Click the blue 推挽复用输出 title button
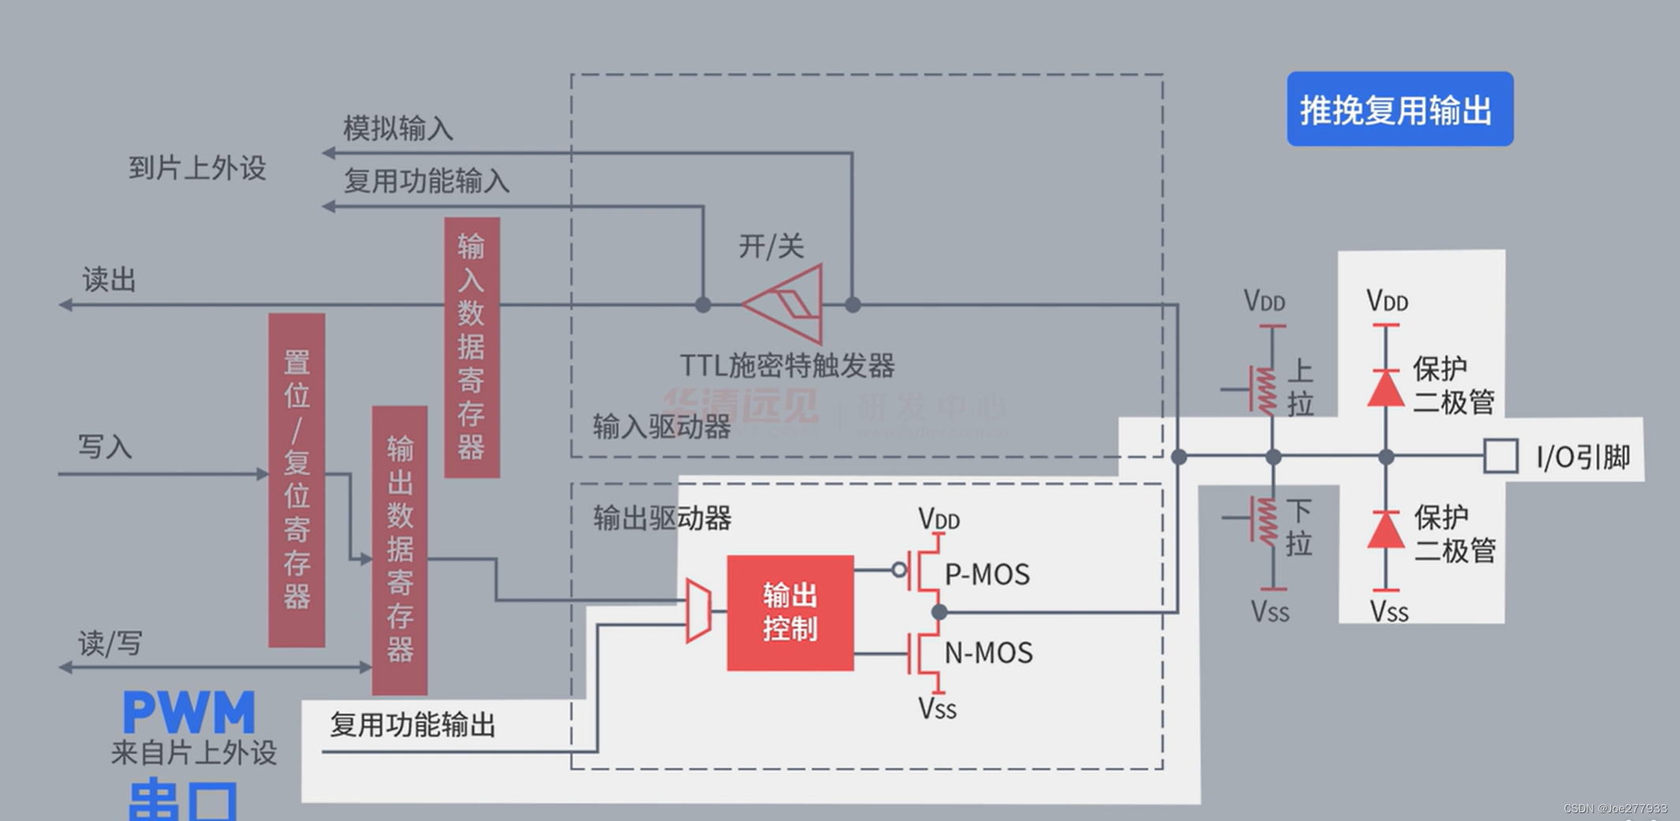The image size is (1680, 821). pos(1399,109)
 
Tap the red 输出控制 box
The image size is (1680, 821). pos(789,613)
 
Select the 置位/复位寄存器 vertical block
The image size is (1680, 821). pos(296,480)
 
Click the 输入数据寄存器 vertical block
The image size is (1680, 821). pos(471,347)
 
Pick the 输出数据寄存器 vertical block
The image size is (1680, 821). pos(399,549)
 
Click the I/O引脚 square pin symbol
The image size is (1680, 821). pos(1500,456)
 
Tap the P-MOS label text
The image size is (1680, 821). pos(987,575)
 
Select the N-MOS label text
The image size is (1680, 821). pos(988,653)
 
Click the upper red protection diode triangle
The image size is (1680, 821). pos(1386,389)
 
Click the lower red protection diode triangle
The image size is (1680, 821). pos(1386,530)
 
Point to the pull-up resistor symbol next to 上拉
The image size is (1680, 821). pos(1266,390)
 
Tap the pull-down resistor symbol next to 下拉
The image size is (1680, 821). pos(1266,520)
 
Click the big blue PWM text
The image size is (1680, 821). pos(189,713)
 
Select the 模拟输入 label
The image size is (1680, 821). pos(398,128)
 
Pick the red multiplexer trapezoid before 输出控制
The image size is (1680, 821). pos(698,610)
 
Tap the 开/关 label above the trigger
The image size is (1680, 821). pos(771,246)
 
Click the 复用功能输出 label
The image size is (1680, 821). pos(412,725)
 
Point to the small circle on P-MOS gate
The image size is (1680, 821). pos(898,569)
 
